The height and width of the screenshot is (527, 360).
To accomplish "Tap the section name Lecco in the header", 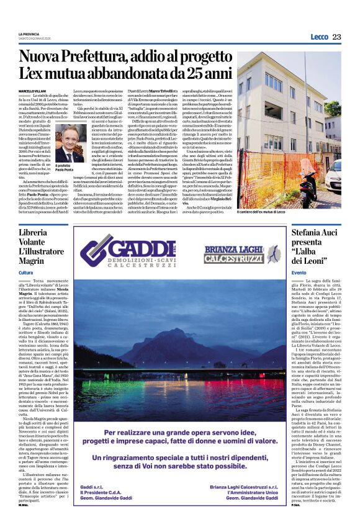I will click(x=319, y=37).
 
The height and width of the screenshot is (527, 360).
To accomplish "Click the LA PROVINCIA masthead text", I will click(x=30, y=34).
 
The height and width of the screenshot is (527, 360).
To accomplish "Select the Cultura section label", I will click(x=26, y=273).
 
